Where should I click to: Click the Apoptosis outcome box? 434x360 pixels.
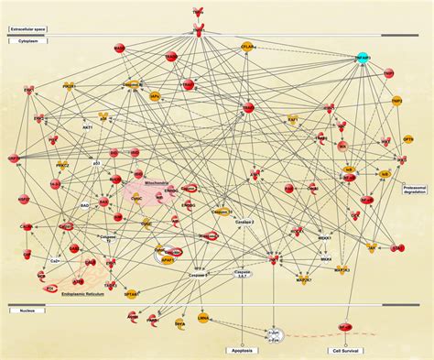pyautogui.click(x=243, y=350)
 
